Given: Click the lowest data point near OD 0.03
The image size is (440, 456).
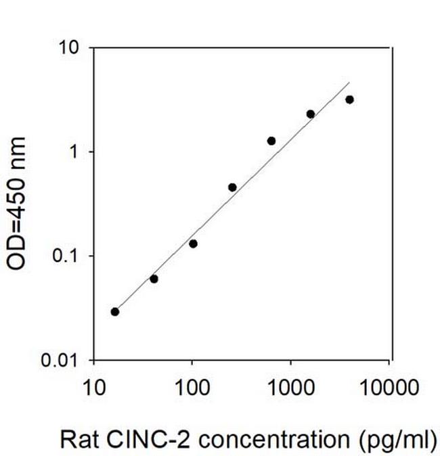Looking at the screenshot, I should click(x=115, y=312).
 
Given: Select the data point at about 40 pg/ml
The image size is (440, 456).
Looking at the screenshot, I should click(x=154, y=279).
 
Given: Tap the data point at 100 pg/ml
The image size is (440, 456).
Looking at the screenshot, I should click(x=193, y=244).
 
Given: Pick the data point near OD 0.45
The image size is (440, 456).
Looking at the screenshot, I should click(x=232, y=187).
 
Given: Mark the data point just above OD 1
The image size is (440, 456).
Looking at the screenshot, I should click(x=271, y=141).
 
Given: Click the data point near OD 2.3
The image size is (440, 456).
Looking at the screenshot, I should click(x=311, y=114).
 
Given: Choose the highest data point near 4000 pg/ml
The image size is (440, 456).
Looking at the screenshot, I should click(x=349, y=99).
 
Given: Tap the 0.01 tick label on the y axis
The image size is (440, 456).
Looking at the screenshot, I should click(x=65, y=360).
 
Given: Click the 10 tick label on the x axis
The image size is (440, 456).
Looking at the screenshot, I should click(x=93, y=388).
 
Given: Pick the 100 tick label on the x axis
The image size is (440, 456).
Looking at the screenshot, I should click(x=192, y=388).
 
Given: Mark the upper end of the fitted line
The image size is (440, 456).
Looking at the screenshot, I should click(x=349, y=83).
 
